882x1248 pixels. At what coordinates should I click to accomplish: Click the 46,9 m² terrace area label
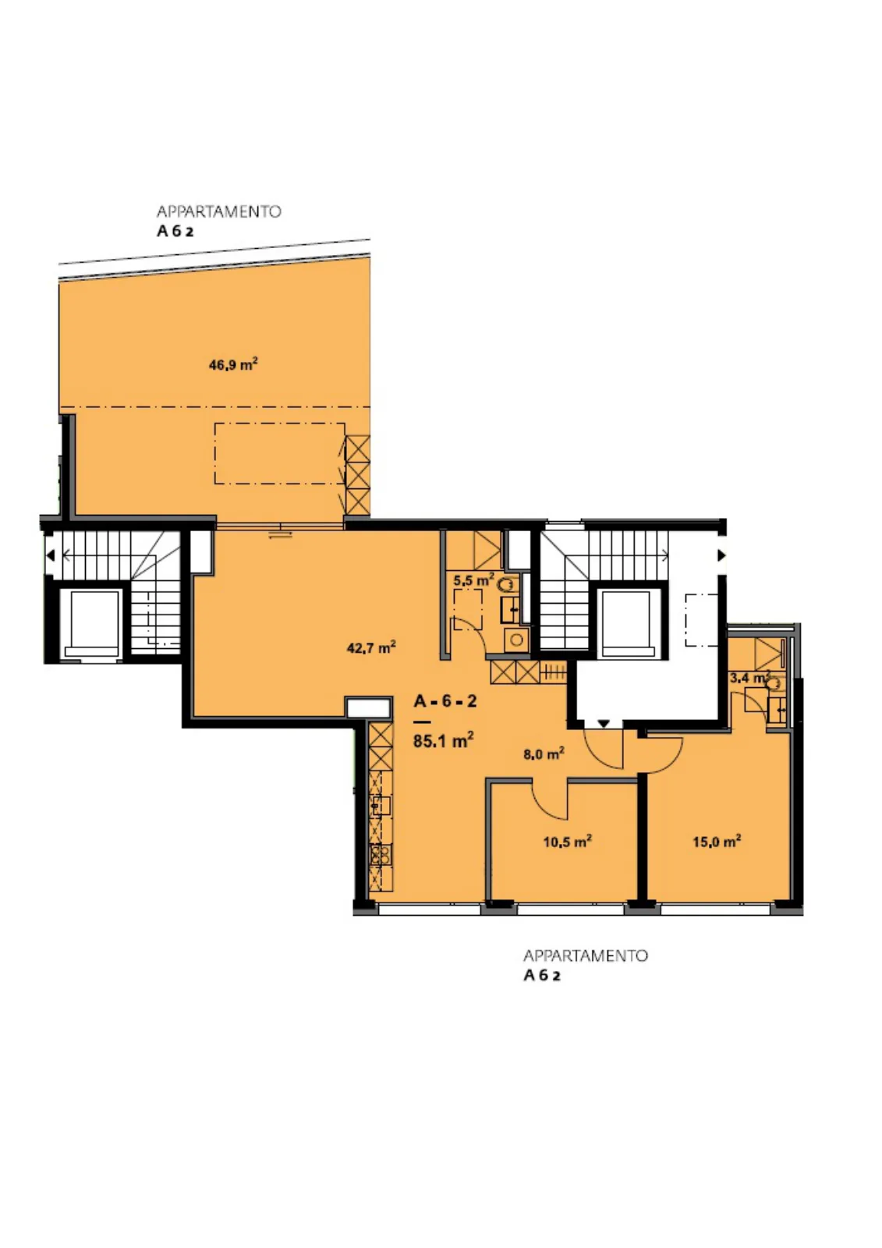[x=233, y=364]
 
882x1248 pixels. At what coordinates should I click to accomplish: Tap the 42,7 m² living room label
[x=371, y=647]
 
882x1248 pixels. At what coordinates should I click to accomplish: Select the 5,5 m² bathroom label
[x=473, y=580]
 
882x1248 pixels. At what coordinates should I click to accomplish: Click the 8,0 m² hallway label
[x=544, y=753]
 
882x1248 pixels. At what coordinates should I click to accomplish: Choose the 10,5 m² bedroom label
[x=567, y=842]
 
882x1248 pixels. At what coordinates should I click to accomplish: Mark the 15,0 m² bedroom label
[x=717, y=842]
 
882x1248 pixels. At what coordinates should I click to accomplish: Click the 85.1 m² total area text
[x=444, y=741]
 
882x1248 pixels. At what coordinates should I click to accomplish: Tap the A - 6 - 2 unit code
[x=445, y=701]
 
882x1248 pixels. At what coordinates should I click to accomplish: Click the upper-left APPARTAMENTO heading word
[x=219, y=211]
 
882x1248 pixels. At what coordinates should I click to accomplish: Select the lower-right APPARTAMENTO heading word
[x=586, y=956]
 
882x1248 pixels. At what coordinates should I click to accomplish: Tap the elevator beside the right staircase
[x=629, y=621]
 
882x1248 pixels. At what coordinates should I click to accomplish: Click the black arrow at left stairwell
[x=51, y=555]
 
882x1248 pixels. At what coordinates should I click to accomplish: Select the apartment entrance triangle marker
[x=604, y=724]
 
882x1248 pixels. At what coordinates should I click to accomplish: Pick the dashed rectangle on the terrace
[x=280, y=453]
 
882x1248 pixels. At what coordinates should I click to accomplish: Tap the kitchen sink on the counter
[x=381, y=805]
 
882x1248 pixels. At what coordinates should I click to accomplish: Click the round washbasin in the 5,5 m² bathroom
[x=516, y=640]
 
